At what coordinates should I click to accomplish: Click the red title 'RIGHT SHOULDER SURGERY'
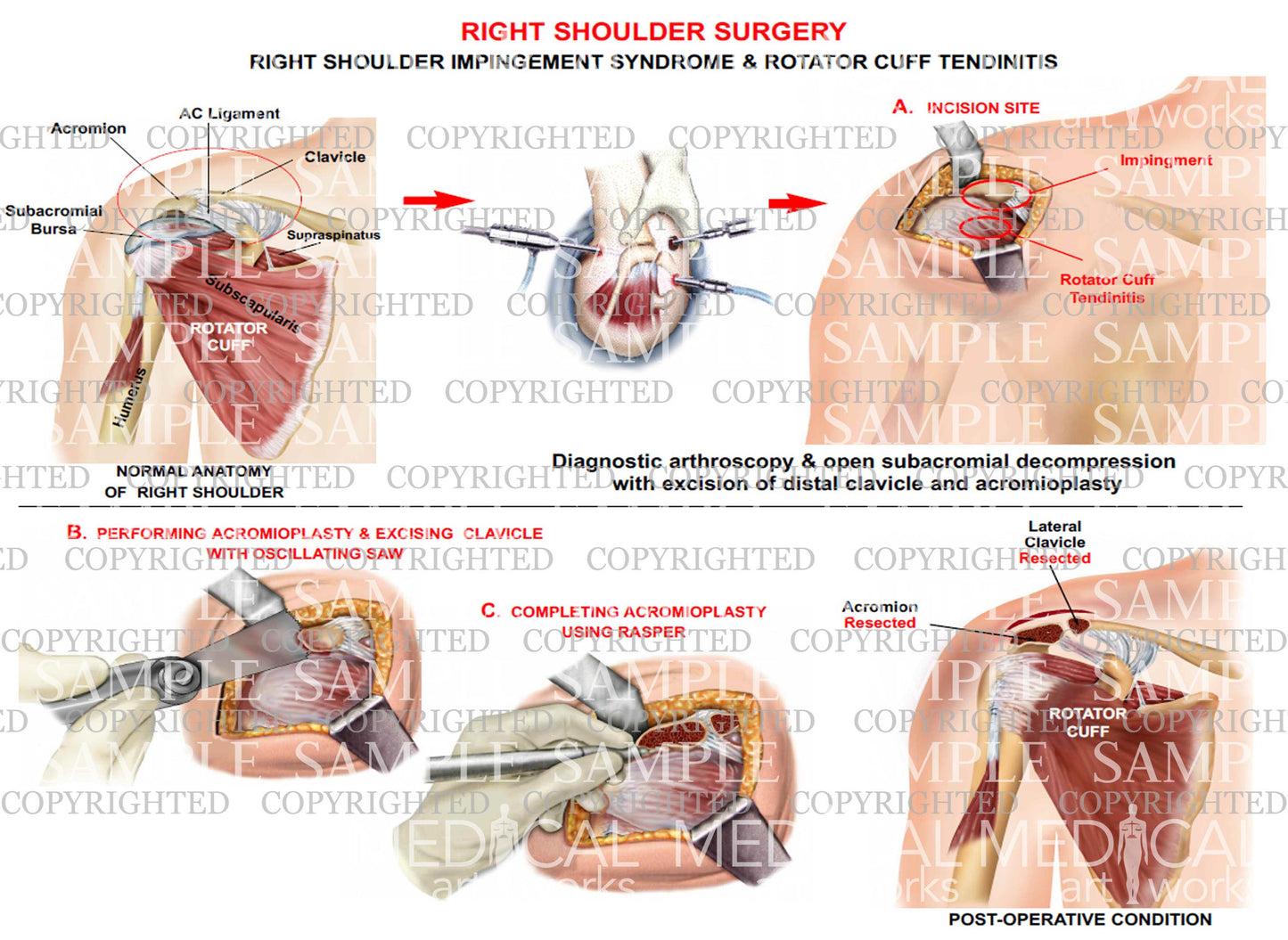(652, 32)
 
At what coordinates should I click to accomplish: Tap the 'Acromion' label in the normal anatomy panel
(88, 129)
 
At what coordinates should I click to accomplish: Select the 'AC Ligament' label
(229, 114)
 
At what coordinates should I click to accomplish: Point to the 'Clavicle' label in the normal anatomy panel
(334, 158)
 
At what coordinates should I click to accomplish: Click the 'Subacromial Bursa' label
(53, 220)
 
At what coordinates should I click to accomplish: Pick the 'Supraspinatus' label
(333, 235)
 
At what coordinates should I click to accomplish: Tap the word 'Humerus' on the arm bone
(130, 397)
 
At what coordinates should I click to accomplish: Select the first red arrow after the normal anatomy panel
(437, 200)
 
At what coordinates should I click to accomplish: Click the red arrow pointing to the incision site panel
(796, 203)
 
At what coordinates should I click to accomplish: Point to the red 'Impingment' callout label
(1165, 161)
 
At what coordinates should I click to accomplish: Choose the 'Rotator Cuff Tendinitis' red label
(1106, 289)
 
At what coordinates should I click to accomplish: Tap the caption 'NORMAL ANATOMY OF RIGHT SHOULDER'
(193, 481)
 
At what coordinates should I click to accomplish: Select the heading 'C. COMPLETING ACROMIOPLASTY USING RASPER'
(624, 621)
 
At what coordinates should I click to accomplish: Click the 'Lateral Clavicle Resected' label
(1054, 543)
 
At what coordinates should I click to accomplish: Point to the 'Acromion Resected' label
(879, 615)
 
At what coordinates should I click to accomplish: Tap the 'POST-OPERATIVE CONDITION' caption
(1079, 919)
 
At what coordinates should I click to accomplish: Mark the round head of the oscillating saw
(178, 677)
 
